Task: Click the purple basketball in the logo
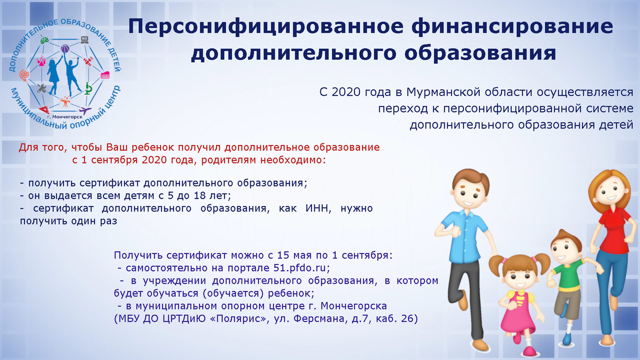coord(65,48)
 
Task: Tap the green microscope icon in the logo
coord(88,89)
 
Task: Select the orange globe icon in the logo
coord(24,75)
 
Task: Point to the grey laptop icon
coord(84,40)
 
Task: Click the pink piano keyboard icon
coord(105,75)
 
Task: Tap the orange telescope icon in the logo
coord(66,102)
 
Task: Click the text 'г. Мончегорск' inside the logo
coord(65,116)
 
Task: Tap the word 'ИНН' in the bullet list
coord(318,208)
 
